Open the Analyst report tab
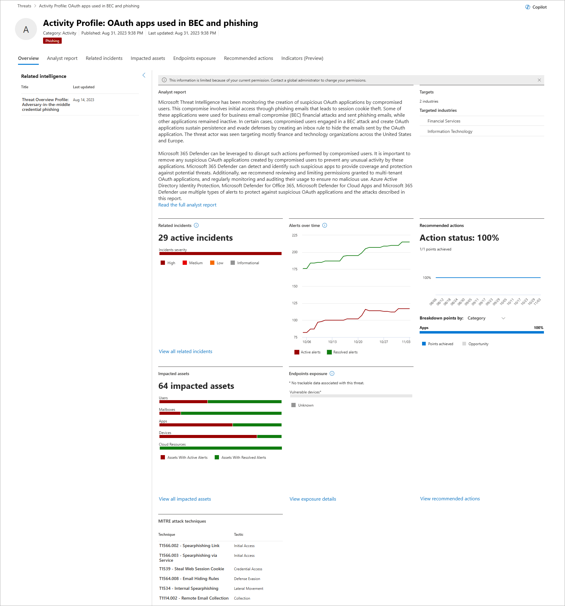[x=62, y=58]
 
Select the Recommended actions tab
[x=248, y=58]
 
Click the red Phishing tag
[x=52, y=41]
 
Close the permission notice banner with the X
[x=539, y=80]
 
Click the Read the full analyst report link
[x=187, y=205]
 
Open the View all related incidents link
[x=185, y=352]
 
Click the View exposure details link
[x=313, y=499]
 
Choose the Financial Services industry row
[x=444, y=121]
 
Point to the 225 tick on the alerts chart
[x=295, y=235]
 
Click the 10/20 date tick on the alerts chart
[x=358, y=342]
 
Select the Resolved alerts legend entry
[x=342, y=352]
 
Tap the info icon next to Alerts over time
[x=325, y=225]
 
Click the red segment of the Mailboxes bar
[x=170, y=413]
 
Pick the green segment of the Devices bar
[x=269, y=436]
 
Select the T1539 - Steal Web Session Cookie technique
[x=191, y=569]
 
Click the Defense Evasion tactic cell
[x=247, y=579]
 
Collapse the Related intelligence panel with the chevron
[x=144, y=75]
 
